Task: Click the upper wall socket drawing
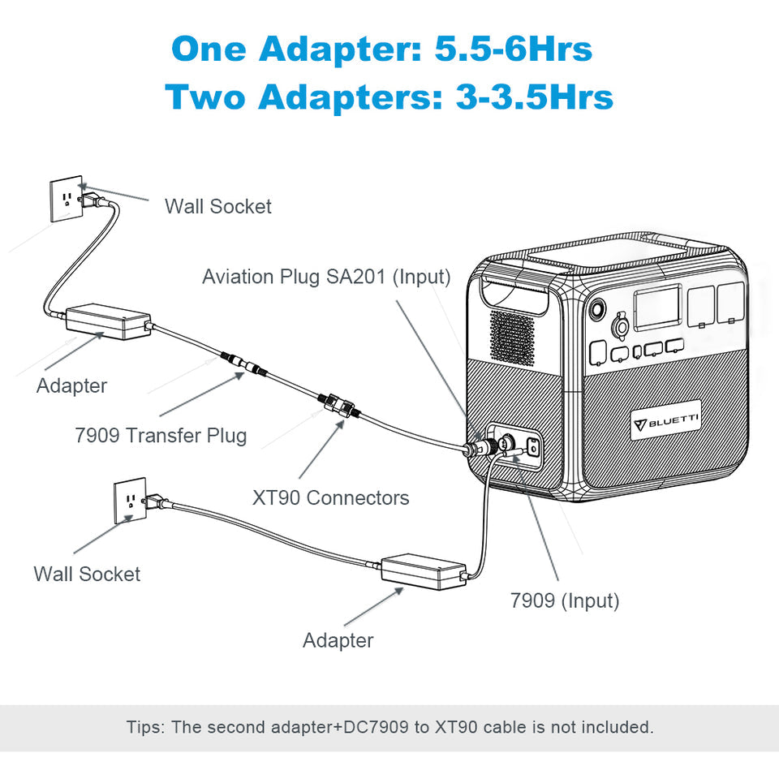[65, 199]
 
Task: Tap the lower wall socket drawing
[129, 501]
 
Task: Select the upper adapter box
[107, 322]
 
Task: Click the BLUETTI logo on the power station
[666, 420]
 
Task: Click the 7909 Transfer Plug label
[161, 435]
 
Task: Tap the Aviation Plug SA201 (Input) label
[326, 277]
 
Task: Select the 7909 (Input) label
[565, 600]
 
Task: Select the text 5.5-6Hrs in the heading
[514, 49]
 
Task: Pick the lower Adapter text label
[338, 640]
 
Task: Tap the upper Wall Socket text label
[218, 206]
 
